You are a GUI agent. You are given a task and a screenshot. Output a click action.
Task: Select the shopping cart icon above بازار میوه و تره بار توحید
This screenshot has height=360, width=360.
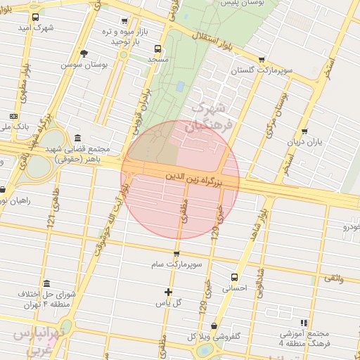click(124, 21)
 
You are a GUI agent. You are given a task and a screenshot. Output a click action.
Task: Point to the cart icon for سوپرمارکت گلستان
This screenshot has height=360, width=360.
click(262, 60)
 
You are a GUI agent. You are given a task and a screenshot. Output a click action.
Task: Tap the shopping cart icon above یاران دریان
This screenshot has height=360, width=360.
click(304, 131)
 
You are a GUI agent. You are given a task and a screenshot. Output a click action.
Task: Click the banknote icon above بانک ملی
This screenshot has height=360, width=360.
click(14, 115)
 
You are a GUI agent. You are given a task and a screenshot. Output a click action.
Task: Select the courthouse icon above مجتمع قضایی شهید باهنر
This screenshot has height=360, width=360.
click(77, 138)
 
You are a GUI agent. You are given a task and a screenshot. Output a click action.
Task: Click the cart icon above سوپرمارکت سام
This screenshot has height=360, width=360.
click(176, 253)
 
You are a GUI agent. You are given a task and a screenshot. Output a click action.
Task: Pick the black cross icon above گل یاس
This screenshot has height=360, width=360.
click(168, 292)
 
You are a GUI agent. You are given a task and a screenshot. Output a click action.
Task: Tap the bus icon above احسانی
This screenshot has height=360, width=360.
click(235, 276)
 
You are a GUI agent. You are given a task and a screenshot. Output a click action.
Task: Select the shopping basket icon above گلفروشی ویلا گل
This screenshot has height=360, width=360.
click(214, 326)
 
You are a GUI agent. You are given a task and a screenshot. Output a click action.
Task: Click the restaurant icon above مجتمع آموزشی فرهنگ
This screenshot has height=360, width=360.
click(304, 321)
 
